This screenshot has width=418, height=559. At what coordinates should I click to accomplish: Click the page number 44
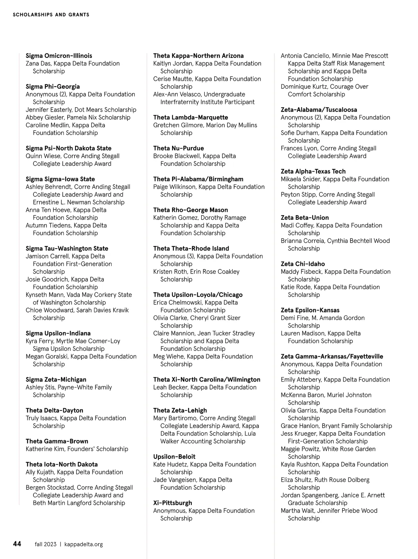17,544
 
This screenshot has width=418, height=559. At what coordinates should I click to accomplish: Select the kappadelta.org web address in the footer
84,544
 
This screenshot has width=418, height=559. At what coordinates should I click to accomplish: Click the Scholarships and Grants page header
51,15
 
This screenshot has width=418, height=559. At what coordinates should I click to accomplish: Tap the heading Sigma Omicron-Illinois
59,56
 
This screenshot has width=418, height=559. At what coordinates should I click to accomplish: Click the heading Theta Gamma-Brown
57,441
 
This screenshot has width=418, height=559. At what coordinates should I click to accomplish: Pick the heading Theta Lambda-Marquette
191,117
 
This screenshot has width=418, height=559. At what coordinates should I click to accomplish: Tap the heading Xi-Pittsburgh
172,503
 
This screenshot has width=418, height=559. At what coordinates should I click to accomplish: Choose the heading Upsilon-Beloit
174,456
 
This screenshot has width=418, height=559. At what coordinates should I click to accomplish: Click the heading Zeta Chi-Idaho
303,264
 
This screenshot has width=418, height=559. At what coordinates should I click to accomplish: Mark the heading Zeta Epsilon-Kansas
310,310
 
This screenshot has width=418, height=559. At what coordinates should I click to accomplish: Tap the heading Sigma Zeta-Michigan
56,379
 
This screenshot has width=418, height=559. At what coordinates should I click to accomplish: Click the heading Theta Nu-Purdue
178,148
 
